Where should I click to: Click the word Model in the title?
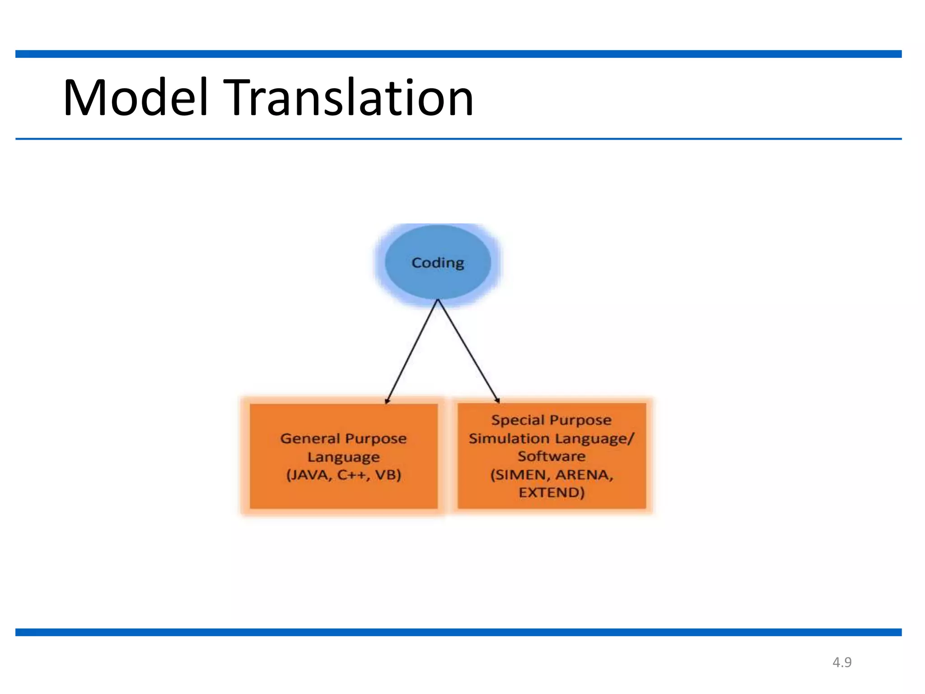(x=135, y=98)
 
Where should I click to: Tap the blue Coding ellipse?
(x=438, y=263)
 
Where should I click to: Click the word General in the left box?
(x=310, y=438)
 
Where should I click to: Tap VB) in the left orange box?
(x=388, y=475)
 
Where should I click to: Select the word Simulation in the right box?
(x=509, y=438)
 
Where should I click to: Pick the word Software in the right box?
(x=551, y=456)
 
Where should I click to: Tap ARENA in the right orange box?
(x=584, y=475)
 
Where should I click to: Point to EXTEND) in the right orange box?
(x=551, y=492)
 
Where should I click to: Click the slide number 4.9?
(x=842, y=662)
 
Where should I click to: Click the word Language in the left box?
(x=344, y=457)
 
